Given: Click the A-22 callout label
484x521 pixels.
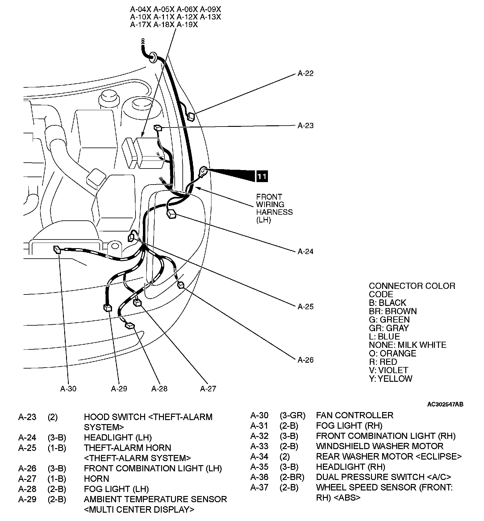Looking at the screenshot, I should point(305,73).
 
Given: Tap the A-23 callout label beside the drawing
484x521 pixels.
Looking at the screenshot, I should point(305,126).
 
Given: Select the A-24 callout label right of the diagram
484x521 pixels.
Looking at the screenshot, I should point(305,252).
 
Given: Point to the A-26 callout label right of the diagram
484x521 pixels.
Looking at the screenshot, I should point(305,360).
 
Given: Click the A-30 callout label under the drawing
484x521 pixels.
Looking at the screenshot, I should point(68,389).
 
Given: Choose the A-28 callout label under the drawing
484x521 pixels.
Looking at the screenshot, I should point(159,389).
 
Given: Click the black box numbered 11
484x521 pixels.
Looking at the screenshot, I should point(262,176).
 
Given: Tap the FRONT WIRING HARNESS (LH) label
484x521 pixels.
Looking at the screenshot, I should point(274,208).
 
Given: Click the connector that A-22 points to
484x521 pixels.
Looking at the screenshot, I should point(191,116).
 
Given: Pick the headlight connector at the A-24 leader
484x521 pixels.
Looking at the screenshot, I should point(171,214).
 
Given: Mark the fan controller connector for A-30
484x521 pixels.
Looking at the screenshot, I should point(57,249).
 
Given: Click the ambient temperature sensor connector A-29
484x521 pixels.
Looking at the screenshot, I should point(108,308).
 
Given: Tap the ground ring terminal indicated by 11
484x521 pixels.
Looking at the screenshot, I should point(203,170).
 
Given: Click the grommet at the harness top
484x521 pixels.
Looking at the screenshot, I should point(152,56).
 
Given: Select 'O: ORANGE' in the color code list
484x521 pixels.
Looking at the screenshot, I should point(392,353).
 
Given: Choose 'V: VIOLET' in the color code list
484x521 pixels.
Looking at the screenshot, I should point(388,370).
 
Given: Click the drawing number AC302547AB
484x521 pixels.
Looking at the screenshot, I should point(445,404).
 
